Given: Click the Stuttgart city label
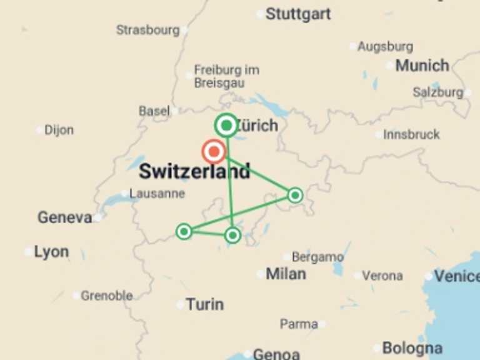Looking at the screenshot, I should [297, 14].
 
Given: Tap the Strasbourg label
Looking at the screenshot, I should [147, 29].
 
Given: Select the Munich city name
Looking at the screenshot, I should [422, 65].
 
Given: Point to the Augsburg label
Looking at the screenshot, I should [385, 46].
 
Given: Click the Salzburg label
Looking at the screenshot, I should [437, 92].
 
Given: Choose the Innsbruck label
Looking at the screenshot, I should [411, 134].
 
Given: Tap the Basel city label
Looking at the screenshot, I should [154, 111].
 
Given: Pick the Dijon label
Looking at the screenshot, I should [59, 130].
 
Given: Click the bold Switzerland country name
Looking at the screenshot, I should [194, 171].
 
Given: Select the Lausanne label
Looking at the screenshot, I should [157, 193].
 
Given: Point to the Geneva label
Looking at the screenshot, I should [65, 217].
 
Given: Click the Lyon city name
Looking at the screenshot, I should [51, 252].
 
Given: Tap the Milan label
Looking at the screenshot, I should [286, 274].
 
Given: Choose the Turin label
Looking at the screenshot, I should [204, 304].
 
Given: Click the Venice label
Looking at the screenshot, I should [456, 276].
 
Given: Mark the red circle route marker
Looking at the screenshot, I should [214, 151].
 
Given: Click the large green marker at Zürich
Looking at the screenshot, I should [226, 126].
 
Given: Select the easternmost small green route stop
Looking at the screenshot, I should [295, 196].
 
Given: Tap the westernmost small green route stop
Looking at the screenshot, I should [184, 232].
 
